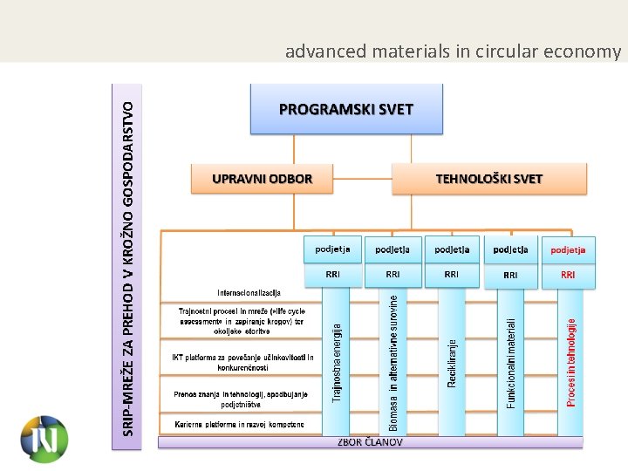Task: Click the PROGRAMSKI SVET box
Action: click(346, 110)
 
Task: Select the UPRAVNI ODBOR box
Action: click(262, 180)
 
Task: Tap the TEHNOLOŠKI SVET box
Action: click(488, 180)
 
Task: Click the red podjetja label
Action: click(568, 249)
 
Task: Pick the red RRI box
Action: click(568, 275)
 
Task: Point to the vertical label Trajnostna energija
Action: click(338, 363)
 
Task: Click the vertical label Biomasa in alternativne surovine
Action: click(393, 361)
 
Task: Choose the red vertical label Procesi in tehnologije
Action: click(571, 361)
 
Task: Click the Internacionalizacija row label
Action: click(249, 291)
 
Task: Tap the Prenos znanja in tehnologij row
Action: click(240, 399)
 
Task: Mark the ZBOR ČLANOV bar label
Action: click(370, 442)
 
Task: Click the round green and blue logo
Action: click(44, 438)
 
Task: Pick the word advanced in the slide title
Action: click(326, 51)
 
